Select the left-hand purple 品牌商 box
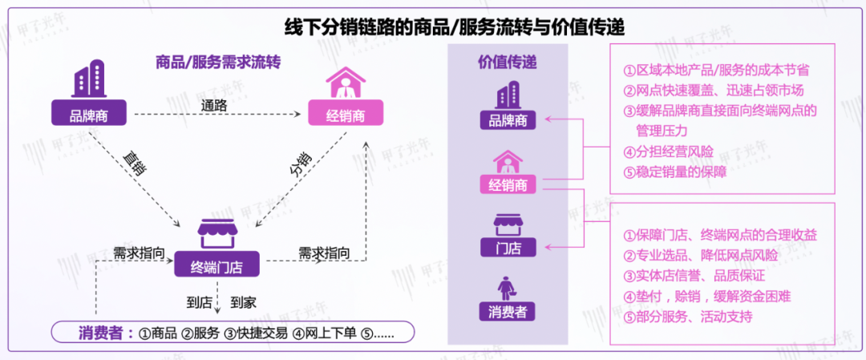click(x=89, y=115)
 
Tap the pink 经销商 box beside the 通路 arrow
click(x=346, y=115)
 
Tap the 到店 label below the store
click(x=199, y=302)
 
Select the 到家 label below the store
click(x=243, y=302)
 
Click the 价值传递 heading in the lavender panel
click(x=508, y=62)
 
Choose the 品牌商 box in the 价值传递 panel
click(x=508, y=120)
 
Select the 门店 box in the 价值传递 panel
click(x=508, y=248)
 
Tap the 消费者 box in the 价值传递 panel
click(x=508, y=311)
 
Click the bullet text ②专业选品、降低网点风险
click(x=700, y=255)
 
